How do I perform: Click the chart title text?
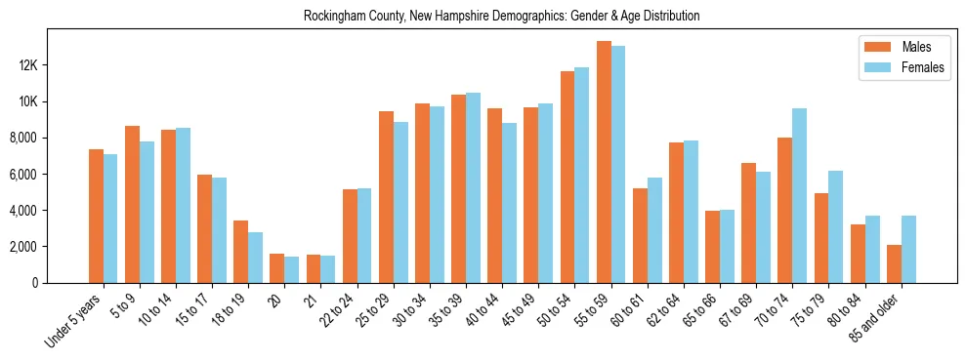pyautogui.click(x=501, y=17)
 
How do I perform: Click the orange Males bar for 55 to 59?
pyautogui.click(x=604, y=162)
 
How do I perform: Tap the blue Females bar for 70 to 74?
pyautogui.click(x=799, y=195)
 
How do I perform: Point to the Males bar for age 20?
pyautogui.click(x=276, y=268)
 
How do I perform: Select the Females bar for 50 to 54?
pyautogui.click(x=582, y=175)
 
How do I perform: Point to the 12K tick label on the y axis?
pyautogui.click(x=54, y=66)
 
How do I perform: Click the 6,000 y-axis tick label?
pyautogui.click(x=49, y=175)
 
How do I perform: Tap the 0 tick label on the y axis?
pyautogui.click(x=62, y=283)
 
